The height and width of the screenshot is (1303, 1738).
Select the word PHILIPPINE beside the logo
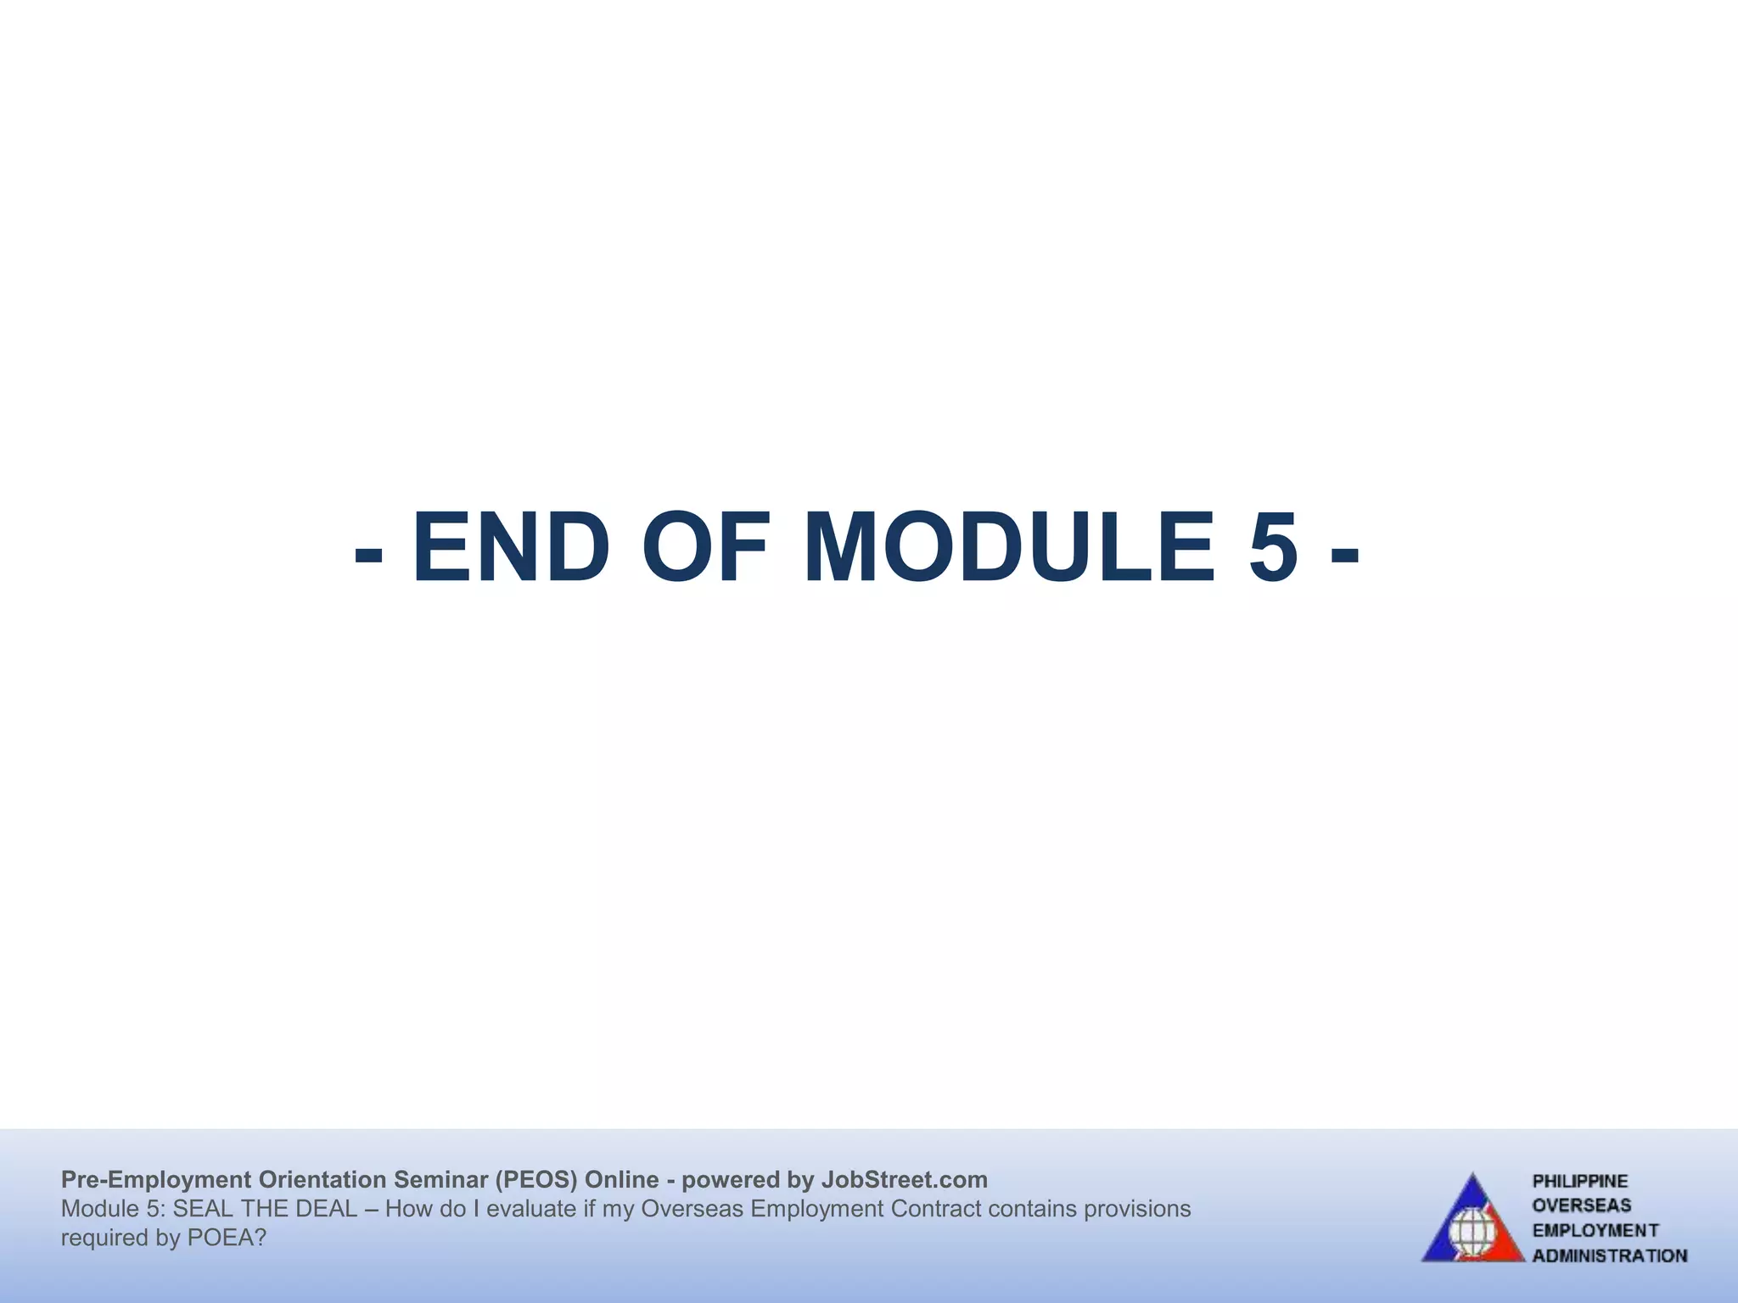[x=1579, y=1182]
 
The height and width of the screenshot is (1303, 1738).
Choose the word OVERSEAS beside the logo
[x=1581, y=1205]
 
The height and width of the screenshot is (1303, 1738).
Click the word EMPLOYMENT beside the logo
[x=1595, y=1230]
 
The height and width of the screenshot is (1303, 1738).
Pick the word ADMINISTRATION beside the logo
[x=1609, y=1255]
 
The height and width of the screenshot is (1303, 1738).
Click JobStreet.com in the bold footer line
[x=904, y=1180]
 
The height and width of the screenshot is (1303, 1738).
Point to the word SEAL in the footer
[x=203, y=1209]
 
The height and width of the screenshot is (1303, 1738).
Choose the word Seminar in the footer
[x=441, y=1180]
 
